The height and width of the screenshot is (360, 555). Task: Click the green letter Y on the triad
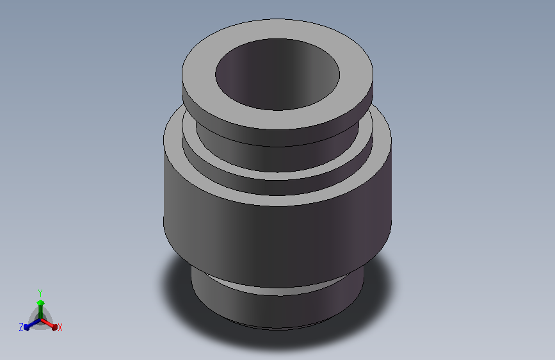tap(40, 293)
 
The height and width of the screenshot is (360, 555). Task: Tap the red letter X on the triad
tap(60, 327)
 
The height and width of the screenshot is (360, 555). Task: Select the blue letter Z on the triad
tap(21, 327)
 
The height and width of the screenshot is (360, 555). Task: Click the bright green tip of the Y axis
tap(40, 302)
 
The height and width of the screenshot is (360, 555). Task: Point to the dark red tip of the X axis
tap(54, 327)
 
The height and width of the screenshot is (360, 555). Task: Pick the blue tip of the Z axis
tap(26, 328)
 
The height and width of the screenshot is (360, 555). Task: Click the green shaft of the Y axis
tap(40, 312)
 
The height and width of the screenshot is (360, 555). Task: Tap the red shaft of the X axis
tap(47, 323)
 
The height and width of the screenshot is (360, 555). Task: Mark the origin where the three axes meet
tap(40, 320)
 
